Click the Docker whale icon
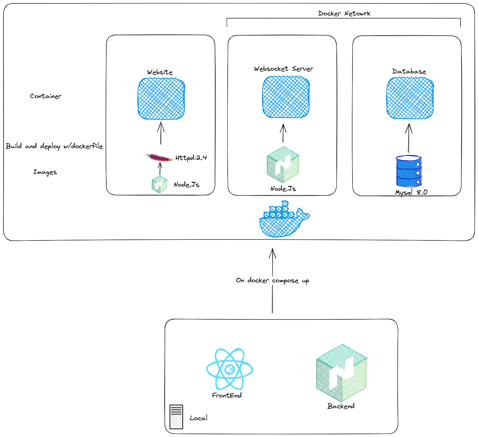pos(284,220)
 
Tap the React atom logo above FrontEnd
pos(229,369)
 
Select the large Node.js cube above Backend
pos(342,373)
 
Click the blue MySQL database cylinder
pos(408,170)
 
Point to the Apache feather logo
pos(159,158)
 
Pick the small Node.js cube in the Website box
pos(159,185)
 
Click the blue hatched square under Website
pos(161,99)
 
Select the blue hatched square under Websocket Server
pos(286,97)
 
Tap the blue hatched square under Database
pos(410,98)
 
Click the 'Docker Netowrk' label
pos(344,13)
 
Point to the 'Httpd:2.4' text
pos(191,158)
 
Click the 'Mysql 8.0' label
pos(411,192)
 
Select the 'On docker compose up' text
pos(272,281)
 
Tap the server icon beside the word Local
pos(176,417)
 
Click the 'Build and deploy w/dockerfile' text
pos(54,146)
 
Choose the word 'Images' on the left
pos(45,172)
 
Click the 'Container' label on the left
pos(46,96)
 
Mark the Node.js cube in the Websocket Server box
pos(283,165)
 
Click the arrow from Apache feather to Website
pos(160,133)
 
